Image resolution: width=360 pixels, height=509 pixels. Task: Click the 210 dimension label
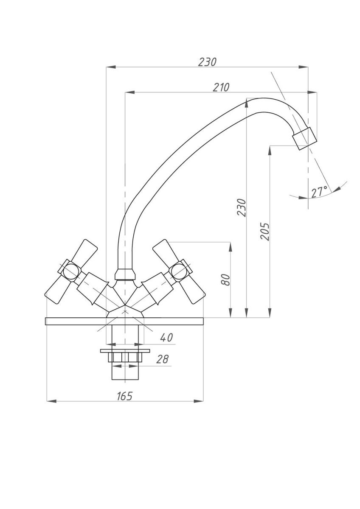[x=221, y=87]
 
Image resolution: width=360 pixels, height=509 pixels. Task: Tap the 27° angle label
[x=319, y=192]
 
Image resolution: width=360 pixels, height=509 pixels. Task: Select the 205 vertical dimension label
[x=265, y=232]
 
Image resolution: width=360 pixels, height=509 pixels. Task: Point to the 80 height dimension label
[x=225, y=280]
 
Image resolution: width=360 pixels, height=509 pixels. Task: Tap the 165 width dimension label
[x=124, y=396]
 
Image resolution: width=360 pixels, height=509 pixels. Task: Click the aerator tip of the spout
[x=305, y=139]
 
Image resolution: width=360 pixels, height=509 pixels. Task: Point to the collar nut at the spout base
[x=125, y=274]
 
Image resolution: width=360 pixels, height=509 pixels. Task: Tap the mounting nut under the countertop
[x=125, y=357]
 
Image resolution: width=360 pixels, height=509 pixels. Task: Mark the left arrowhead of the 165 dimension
[x=51, y=401]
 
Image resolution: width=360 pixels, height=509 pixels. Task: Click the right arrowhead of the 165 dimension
[x=199, y=401]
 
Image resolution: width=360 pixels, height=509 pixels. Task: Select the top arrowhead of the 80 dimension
[x=231, y=246]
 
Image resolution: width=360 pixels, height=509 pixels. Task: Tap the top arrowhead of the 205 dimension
[x=270, y=151]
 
